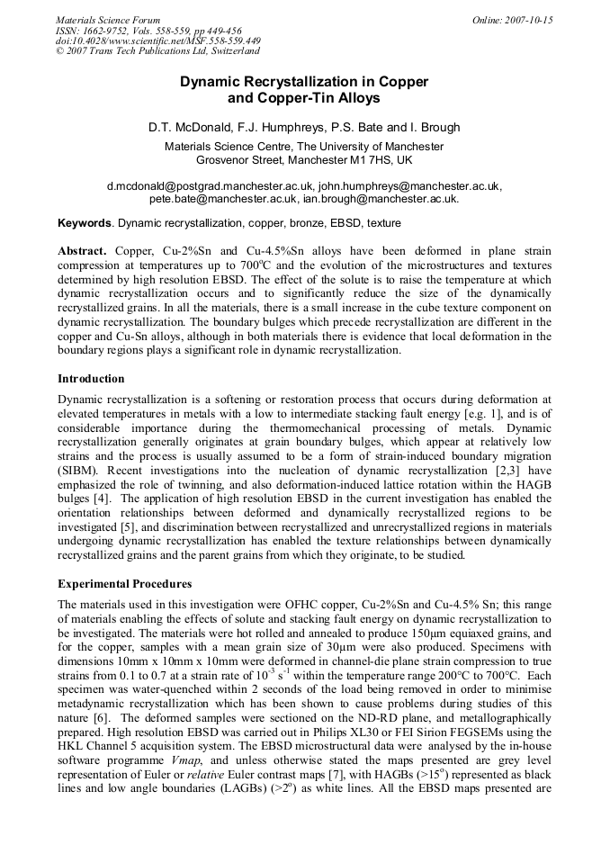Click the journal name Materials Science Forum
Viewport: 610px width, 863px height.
pyautogui.click(x=108, y=19)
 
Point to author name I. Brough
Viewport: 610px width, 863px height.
pyautogui.click(x=436, y=127)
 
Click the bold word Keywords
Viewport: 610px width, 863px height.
pyautogui.click(x=85, y=222)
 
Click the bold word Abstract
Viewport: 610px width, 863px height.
pyautogui.click(x=82, y=250)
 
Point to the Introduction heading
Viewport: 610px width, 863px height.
pyautogui.click(x=91, y=379)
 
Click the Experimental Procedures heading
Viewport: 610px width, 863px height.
pyautogui.click(x=124, y=583)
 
